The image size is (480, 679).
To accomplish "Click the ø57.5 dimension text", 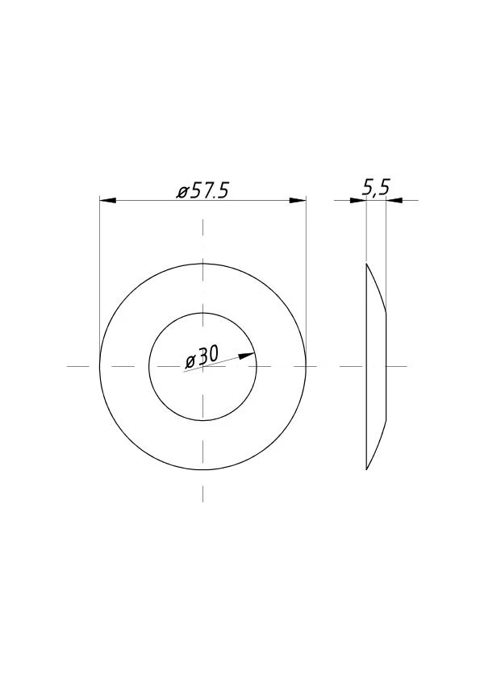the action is point(202,191).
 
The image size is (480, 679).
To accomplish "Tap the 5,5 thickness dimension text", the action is point(376,188).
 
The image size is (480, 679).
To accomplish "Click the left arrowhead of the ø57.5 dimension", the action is point(108,200).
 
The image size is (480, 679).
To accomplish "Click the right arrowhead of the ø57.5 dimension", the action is point(298,200).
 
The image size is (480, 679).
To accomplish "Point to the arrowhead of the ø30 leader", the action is point(247,355).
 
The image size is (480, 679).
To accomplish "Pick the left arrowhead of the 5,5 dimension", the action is point(358,200).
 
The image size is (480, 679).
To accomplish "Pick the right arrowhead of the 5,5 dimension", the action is point(394,200).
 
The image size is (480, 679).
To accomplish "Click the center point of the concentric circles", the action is point(202,366).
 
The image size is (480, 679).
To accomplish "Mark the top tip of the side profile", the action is point(367,263).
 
